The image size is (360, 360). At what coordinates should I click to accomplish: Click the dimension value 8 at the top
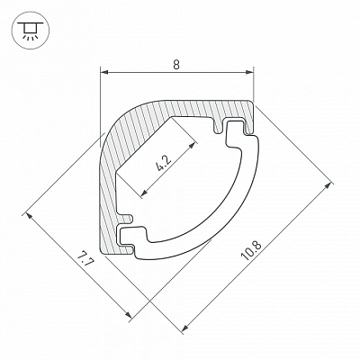tap(176, 65)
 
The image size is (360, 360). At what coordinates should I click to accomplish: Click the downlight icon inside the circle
tap(29, 31)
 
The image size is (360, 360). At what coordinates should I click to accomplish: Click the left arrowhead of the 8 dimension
tap(103, 72)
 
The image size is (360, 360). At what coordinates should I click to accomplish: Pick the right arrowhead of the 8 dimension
tap(249, 72)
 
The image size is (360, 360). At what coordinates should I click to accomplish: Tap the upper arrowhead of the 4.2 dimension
tap(195, 145)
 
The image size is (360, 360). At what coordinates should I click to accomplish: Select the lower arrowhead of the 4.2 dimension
tap(144, 193)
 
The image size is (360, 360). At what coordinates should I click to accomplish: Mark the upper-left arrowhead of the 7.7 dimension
tap(29, 216)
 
